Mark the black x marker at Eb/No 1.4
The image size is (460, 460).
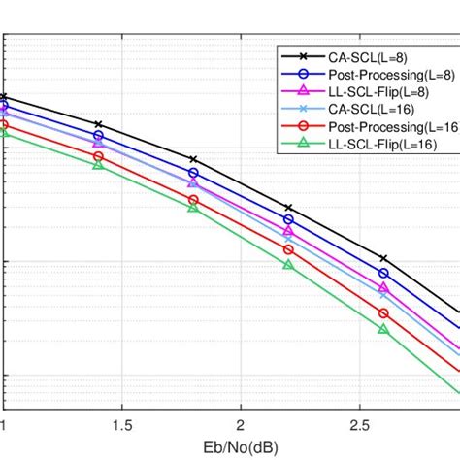point(98,124)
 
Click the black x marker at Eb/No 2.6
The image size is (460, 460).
point(383,258)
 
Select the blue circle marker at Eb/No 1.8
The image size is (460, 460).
point(193,173)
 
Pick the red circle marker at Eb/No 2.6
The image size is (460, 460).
point(383,313)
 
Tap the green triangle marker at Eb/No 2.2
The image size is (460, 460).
point(288,264)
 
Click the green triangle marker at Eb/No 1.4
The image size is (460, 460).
point(98,165)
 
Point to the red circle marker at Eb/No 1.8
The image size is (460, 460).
point(193,200)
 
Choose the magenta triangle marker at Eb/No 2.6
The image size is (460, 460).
point(383,288)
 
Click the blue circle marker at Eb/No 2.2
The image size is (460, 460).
point(288,219)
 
